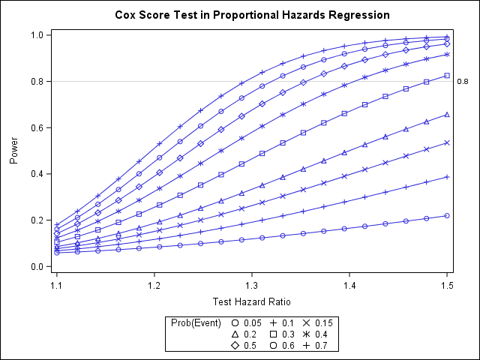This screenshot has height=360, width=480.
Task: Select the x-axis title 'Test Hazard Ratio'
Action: tap(252, 301)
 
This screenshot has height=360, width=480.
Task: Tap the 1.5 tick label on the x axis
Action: tap(447, 286)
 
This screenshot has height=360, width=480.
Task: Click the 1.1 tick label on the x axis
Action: tap(57, 286)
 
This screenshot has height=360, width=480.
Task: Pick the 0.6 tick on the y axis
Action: tap(35, 127)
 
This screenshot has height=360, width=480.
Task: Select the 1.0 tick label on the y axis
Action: tap(35, 35)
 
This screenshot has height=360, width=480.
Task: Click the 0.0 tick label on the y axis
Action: tap(35, 266)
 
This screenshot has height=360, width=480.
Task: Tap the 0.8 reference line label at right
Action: tap(462, 82)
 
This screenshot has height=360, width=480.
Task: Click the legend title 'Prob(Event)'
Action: tap(196, 323)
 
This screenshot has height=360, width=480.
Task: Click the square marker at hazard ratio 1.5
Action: tap(447, 76)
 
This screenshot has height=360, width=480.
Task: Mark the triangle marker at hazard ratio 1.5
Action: tap(447, 115)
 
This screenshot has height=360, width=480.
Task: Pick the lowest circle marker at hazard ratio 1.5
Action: tap(447, 216)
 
